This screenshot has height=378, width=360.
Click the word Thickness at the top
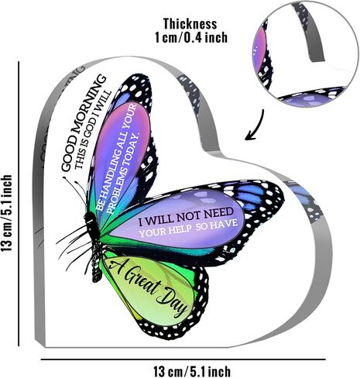pos(190,24)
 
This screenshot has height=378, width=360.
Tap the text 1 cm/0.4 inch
pos(191,37)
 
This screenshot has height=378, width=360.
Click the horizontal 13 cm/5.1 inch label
pos(192,371)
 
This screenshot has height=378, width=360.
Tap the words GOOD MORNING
pos(83,123)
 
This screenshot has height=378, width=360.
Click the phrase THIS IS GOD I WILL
pos(94,129)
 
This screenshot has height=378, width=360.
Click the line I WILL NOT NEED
pos(186,217)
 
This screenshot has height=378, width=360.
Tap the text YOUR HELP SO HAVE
pos(188,228)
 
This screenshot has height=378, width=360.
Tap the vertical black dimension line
pos(19,204)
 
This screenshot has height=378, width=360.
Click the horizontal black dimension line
pos(183,359)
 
